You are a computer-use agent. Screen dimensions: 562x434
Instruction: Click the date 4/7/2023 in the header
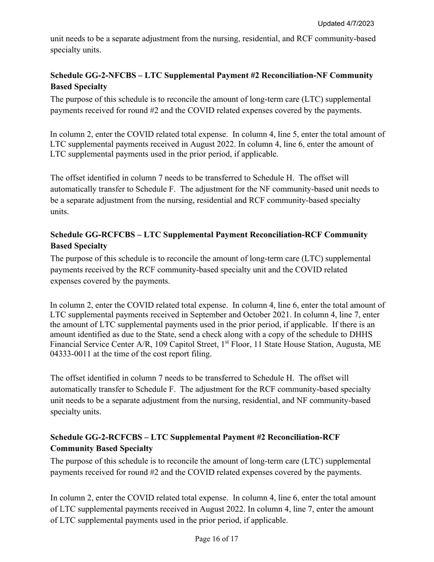(359, 23)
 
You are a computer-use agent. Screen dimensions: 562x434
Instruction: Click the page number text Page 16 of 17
(217, 539)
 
